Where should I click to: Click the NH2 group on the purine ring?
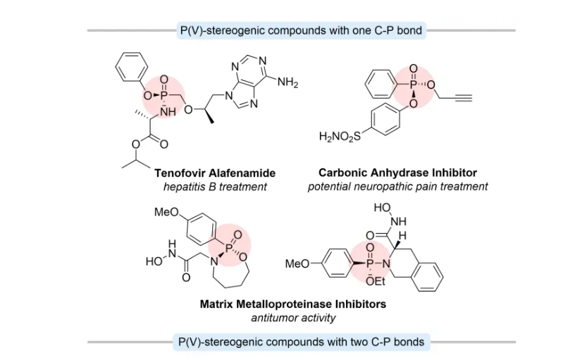coord(288,83)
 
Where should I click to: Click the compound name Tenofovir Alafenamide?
coord(215,173)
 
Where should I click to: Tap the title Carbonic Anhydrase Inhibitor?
coord(397,173)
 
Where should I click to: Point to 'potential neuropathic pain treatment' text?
coord(397,187)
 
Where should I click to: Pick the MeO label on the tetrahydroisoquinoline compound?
coord(297,264)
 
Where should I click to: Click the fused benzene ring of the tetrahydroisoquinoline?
coord(428,271)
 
